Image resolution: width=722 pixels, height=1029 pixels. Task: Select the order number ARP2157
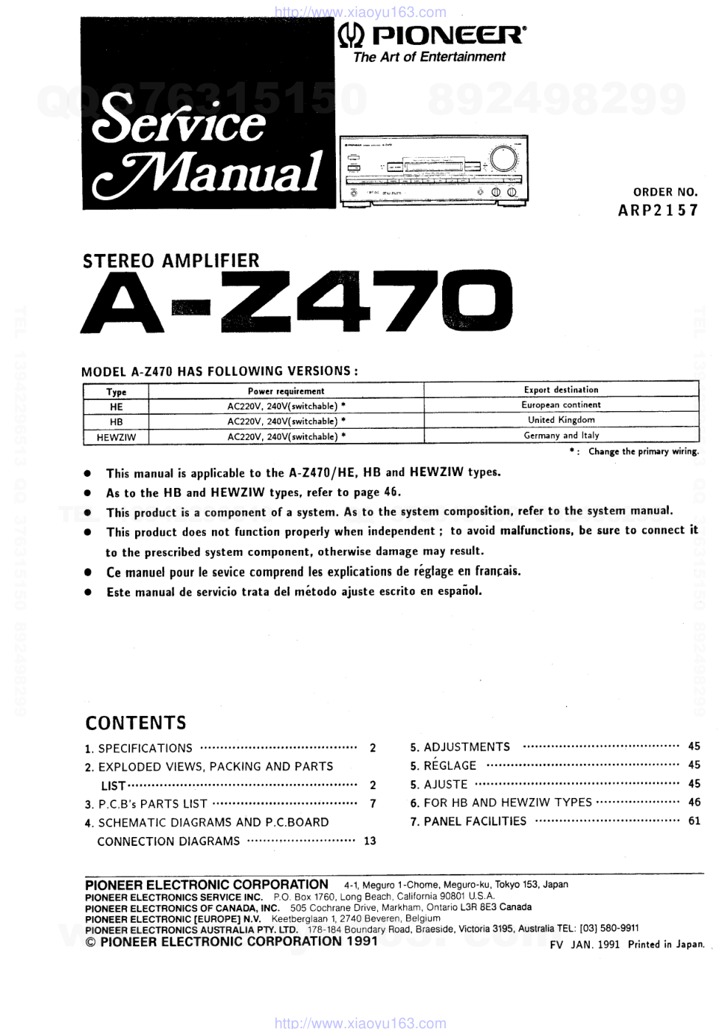657,210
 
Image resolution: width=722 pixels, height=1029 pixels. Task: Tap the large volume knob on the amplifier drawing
503,159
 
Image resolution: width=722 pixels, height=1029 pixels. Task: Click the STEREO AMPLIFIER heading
171,261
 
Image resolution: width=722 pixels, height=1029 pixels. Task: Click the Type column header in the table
116,392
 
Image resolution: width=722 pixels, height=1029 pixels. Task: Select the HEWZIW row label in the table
116,437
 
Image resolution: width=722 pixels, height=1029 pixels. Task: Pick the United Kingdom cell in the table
561,420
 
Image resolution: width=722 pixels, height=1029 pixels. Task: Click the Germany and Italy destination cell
561,436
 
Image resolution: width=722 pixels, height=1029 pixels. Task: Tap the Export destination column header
561,390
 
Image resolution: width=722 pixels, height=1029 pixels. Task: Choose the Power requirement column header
286,391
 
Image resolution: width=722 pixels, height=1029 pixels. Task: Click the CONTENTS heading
136,723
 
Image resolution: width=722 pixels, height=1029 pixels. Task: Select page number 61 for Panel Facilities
694,821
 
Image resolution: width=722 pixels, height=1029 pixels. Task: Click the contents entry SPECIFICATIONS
145,748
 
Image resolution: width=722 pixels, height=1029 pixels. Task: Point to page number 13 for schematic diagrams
370,841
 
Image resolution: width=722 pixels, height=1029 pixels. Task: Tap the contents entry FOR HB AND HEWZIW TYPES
507,802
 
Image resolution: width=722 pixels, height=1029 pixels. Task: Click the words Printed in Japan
666,944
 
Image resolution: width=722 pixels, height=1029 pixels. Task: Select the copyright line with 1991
232,941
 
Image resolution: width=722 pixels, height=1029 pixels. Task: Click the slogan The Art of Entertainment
429,57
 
